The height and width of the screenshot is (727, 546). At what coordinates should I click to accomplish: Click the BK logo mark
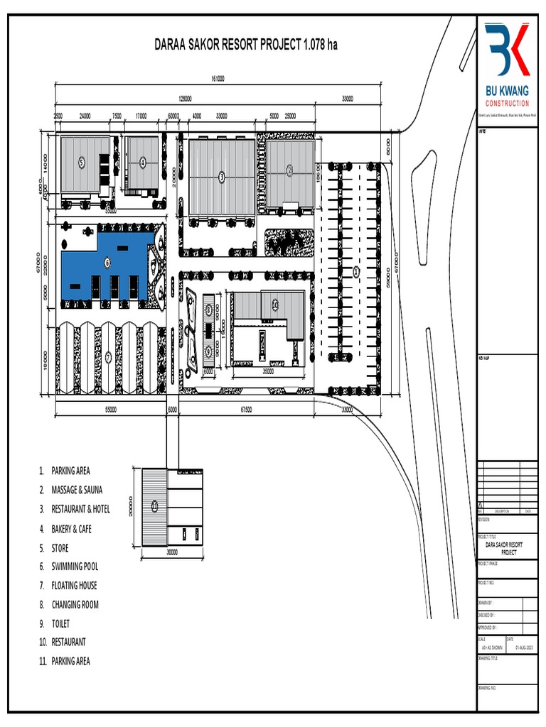click(x=507, y=49)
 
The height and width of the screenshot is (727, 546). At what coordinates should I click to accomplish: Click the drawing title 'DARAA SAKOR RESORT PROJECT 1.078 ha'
click(x=246, y=45)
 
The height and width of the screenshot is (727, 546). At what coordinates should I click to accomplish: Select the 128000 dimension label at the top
click(x=185, y=99)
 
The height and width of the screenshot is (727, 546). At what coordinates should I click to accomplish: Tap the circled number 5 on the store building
click(x=82, y=163)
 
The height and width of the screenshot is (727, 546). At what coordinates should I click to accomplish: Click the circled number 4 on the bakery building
click(x=143, y=162)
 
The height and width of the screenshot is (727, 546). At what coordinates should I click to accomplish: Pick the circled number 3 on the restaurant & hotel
click(x=221, y=176)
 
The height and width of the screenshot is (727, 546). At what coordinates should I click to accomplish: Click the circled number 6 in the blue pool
click(x=107, y=263)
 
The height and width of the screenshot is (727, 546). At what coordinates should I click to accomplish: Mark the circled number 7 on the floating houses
click(x=108, y=357)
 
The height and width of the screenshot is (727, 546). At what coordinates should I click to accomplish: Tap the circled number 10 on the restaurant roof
click(x=274, y=303)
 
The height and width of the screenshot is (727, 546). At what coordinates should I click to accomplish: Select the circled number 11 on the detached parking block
click(x=154, y=505)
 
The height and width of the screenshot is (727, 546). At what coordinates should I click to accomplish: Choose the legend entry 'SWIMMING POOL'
click(x=75, y=567)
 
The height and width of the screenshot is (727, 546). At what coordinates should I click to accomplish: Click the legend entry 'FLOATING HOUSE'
click(x=74, y=586)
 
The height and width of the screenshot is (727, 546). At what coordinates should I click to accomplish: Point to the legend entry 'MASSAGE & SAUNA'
click(x=76, y=490)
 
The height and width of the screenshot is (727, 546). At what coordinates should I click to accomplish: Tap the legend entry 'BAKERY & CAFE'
click(x=71, y=529)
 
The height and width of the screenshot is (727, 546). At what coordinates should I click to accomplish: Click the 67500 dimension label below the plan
click(x=246, y=410)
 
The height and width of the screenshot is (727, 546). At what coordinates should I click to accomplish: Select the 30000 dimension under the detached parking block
click(x=173, y=551)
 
